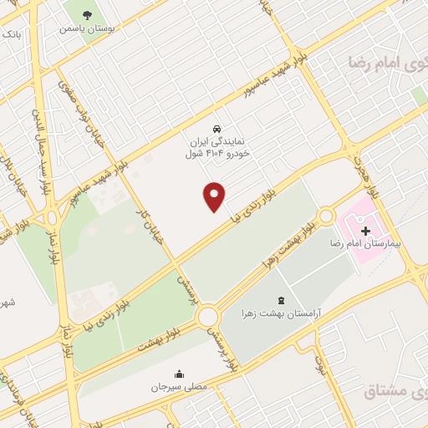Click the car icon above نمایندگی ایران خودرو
(x=217, y=130)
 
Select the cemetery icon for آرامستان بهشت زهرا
(x=279, y=300)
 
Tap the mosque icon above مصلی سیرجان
(x=179, y=374)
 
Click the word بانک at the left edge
(x=9, y=34)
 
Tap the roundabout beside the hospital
(x=326, y=216)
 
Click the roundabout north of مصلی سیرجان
(x=207, y=316)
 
